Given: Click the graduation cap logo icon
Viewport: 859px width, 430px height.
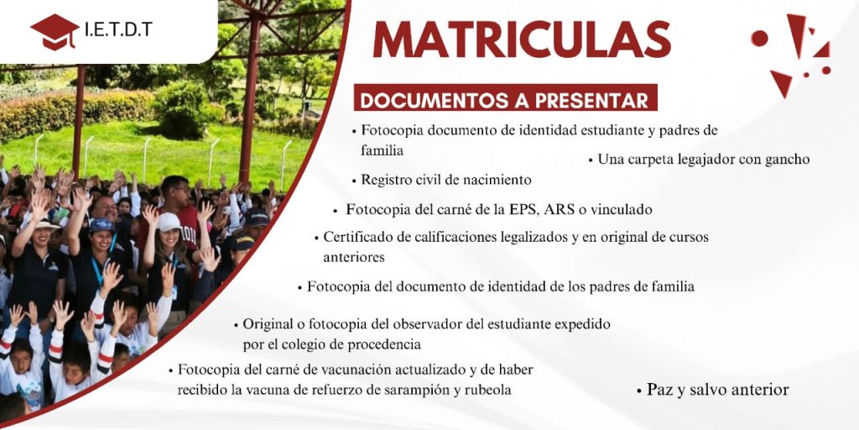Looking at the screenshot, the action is pyautogui.click(x=55, y=32).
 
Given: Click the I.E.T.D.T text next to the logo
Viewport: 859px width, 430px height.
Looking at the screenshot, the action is pyautogui.click(x=118, y=29).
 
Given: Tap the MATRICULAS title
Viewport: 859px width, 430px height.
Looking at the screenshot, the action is pyautogui.click(x=522, y=39).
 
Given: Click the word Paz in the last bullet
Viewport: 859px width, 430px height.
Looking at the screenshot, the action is pyautogui.click(x=659, y=390).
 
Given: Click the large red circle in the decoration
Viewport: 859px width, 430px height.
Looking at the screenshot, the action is pyautogui.click(x=759, y=38).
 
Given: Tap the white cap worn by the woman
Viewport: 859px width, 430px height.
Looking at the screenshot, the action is pyautogui.click(x=168, y=222).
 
